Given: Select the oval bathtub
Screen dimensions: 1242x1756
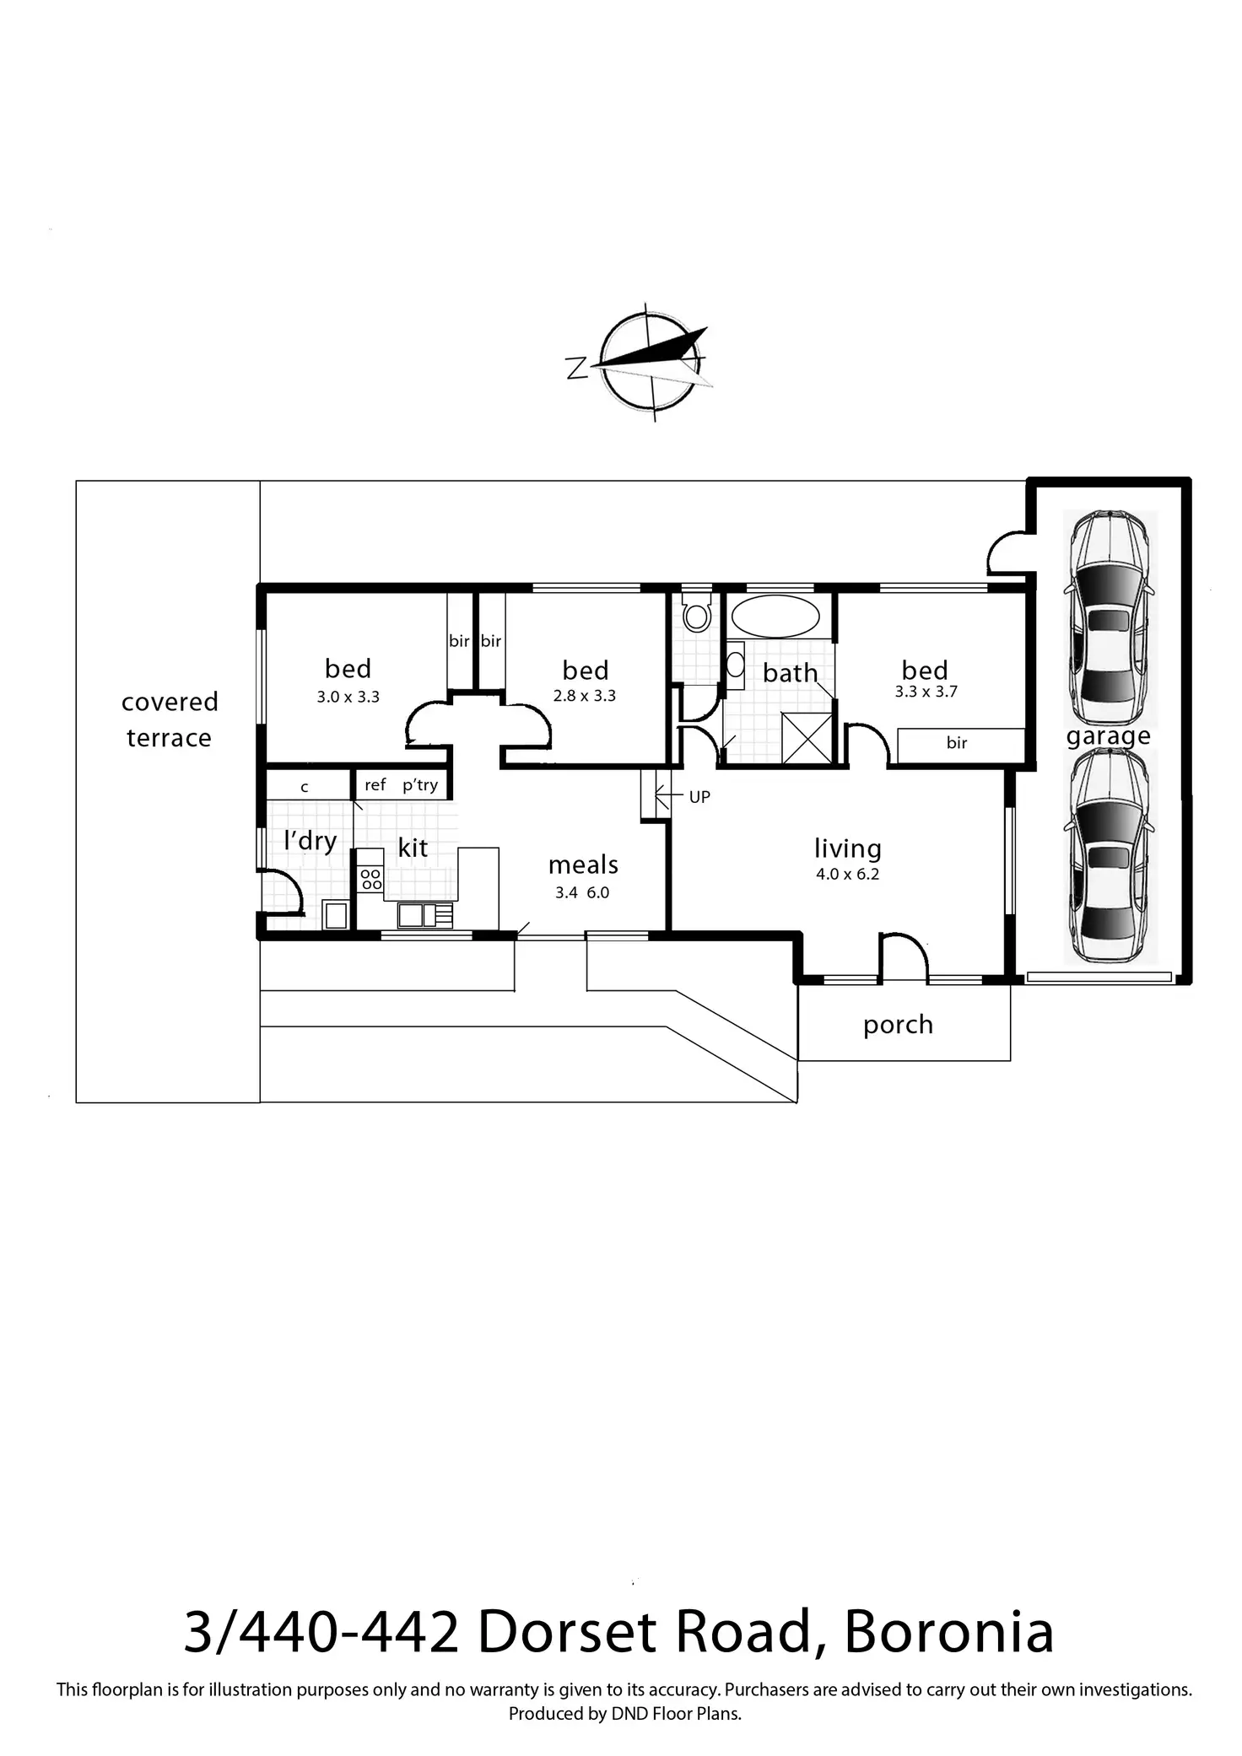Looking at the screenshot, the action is (x=775, y=617).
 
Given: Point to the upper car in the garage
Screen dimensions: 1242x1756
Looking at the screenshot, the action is (x=1109, y=618).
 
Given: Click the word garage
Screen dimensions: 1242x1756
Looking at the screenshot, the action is (x=1109, y=737).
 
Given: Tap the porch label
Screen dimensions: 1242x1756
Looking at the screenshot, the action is (x=898, y=1025).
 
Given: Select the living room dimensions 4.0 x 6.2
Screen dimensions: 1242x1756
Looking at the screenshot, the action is (x=847, y=875).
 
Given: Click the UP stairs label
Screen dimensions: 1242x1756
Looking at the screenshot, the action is (x=699, y=797).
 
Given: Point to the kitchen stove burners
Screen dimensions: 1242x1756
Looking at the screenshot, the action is (x=370, y=880).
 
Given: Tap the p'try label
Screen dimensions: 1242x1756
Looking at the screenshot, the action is (x=420, y=785).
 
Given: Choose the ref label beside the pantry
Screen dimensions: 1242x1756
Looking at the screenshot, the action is (x=375, y=785).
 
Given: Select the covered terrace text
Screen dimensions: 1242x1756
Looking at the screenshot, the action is (x=170, y=719).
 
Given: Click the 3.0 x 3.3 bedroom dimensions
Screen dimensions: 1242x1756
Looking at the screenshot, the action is (x=348, y=698).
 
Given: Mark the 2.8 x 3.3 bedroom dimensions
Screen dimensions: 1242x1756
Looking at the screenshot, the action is (x=585, y=696).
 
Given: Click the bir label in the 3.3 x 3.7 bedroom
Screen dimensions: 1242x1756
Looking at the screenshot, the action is (x=957, y=743).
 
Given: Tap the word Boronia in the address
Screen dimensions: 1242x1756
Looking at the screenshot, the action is (x=949, y=1632).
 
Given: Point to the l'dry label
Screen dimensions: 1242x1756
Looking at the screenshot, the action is (x=310, y=841).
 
